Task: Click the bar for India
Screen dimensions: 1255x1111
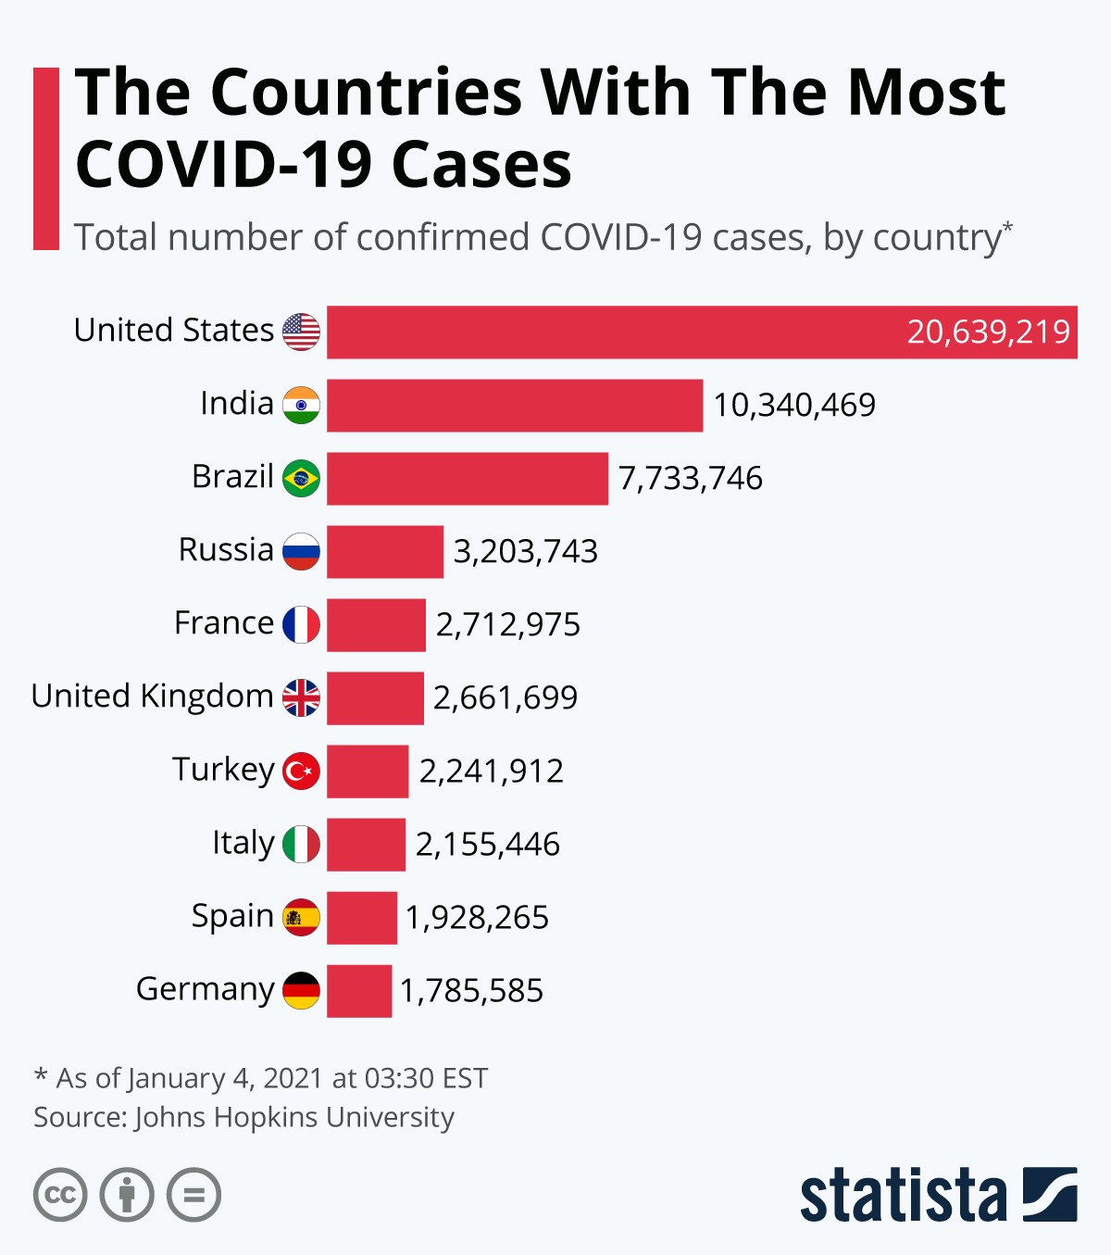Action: [515, 405]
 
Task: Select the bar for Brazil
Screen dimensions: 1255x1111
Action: [468, 478]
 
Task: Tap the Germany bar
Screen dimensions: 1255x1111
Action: [359, 991]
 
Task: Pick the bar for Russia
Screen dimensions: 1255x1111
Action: [385, 551]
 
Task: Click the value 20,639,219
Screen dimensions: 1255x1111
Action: [988, 332]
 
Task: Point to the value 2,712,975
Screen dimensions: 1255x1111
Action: [507, 625]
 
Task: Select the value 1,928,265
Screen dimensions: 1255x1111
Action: [477, 918]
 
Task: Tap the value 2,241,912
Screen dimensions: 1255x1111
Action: [491, 771]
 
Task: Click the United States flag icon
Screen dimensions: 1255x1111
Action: [301, 332]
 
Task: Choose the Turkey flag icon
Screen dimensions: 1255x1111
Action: [301, 771]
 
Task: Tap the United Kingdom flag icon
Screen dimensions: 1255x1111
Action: [301, 697]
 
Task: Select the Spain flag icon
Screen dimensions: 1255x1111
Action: [301, 917]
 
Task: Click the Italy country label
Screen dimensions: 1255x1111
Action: [243, 843]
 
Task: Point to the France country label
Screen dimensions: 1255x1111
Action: [223, 623]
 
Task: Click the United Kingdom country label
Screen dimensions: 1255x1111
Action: [152, 696]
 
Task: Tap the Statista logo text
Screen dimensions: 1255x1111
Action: [903, 1196]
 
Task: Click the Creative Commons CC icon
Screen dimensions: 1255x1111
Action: [60, 1195]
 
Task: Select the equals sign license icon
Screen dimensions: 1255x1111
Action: [193, 1195]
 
